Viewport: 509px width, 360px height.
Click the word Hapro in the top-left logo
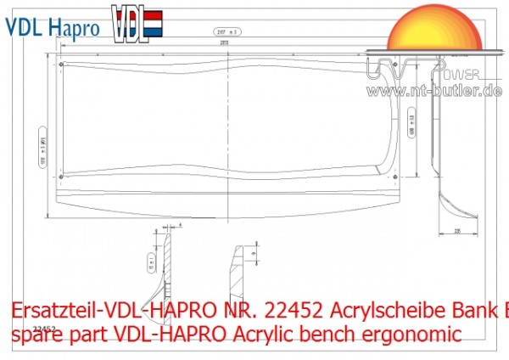point(73,27)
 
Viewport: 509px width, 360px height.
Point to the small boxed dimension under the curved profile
point(456,231)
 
